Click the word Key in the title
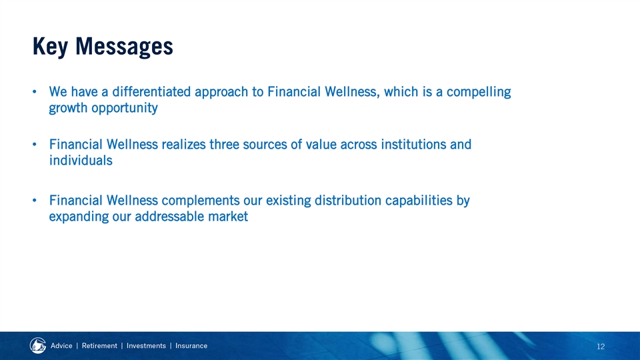[x=50, y=47]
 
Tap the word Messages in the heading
[x=124, y=47]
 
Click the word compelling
[x=479, y=92]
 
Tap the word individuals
[x=81, y=161]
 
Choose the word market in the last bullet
[x=228, y=216]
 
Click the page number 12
[x=601, y=347]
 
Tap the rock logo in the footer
[x=38, y=346]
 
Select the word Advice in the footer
[x=61, y=346]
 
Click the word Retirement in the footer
[x=99, y=346]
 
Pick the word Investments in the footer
[x=146, y=346]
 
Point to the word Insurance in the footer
[x=191, y=346]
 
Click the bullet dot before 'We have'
[x=35, y=91]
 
